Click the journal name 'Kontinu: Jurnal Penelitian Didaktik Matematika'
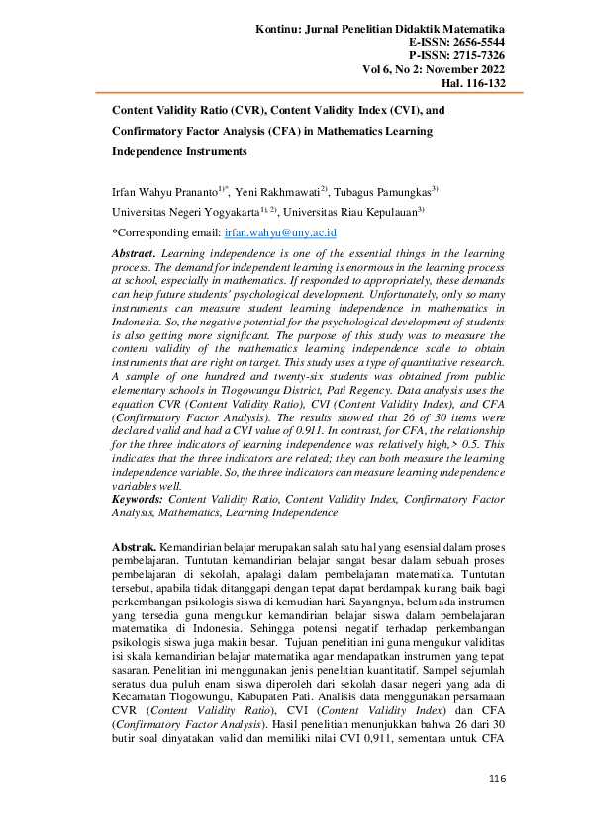pos(380,31)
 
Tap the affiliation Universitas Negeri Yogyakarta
pos(184,212)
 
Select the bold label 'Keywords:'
pos(139,501)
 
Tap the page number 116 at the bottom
pos(497,808)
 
